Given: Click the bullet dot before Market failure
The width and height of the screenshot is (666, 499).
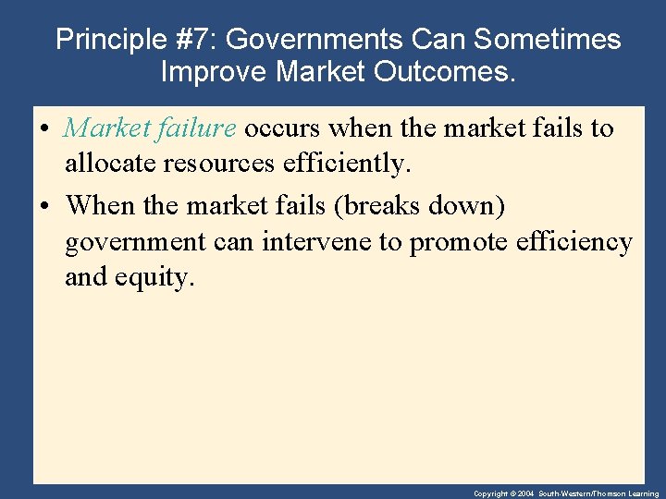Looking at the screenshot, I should [46, 128].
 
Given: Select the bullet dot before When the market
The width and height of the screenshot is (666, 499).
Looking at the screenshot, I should [46, 205].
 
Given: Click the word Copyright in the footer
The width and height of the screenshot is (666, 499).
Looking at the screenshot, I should [489, 494].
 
